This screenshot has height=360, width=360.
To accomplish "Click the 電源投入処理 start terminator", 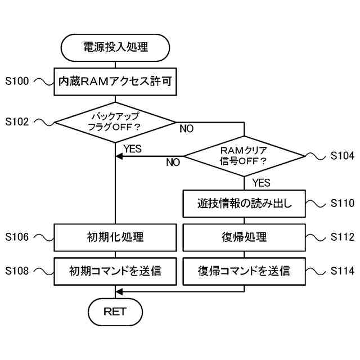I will point(115,47).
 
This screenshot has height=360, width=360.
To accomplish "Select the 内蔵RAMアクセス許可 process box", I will point(115,82).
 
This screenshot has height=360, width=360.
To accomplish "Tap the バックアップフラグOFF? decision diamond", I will point(115,121).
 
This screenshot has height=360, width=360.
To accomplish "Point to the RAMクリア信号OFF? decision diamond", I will point(244,156).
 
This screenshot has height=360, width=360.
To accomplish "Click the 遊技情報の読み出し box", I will point(244,203).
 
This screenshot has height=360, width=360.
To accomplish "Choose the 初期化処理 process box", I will point(115,237).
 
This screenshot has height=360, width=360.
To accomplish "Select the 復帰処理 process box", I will point(244,237).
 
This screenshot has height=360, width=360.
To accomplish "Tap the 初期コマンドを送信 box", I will point(115,271).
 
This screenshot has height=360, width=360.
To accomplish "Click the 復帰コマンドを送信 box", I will point(244,271).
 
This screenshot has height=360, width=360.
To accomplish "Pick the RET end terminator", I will point(115,311).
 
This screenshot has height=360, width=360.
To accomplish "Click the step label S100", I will point(16,82).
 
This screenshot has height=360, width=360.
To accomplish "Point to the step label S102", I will point(16,121).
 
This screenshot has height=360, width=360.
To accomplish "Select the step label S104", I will point(342,156).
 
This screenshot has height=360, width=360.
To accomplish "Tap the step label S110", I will point(342,203).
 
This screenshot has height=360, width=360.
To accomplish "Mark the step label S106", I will point(16,237).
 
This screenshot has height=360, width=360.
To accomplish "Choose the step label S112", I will point(342,237).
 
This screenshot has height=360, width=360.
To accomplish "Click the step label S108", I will point(16,271).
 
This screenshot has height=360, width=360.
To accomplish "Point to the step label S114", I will point(342,271).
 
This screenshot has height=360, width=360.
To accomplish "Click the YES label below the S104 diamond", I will point(261,183).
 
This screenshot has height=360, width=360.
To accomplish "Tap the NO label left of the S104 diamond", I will point(173,163).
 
